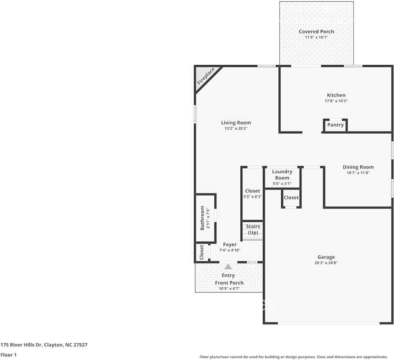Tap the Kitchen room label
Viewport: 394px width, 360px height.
pos(336,95)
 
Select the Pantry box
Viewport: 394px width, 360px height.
pos(335,125)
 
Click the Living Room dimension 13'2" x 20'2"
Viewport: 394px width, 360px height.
pos(236,128)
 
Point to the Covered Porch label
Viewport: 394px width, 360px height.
pos(316,32)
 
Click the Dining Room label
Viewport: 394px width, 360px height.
pos(358,167)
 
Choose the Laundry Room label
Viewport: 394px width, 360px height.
pos(282,175)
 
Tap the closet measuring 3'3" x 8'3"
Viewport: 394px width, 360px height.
pos(252,194)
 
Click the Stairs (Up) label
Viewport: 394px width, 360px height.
pos(253,229)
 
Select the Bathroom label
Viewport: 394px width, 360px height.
pos(202,218)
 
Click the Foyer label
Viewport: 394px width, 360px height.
pos(230,244)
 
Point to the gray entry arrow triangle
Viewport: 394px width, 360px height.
pos(228,267)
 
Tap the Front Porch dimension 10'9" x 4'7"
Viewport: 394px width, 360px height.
pos(229,288)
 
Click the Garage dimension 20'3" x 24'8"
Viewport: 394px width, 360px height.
pos(326,263)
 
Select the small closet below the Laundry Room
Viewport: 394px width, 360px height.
pos(291,198)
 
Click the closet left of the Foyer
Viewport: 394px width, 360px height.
pos(201,253)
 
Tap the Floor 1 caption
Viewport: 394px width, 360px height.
pos(8,355)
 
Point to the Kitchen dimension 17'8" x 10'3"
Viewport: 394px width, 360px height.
pos(336,101)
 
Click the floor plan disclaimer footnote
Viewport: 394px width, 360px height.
pos(293,357)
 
